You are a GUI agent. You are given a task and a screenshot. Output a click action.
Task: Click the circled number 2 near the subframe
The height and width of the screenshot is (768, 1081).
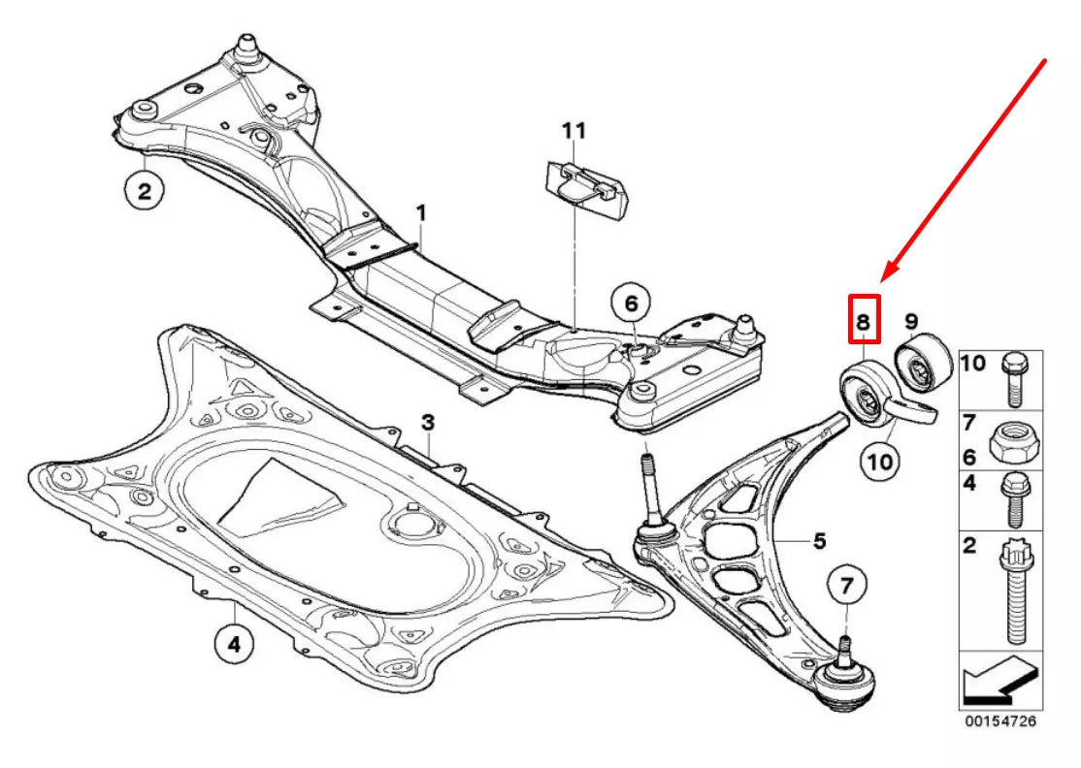(x=144, y=191)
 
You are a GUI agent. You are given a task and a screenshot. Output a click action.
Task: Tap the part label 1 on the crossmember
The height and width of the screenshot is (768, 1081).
(x=421, y=210)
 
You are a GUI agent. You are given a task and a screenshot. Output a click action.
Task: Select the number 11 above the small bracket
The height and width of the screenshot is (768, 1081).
(x=573, y=130)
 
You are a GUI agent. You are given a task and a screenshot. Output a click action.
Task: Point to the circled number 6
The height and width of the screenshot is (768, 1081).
(x=631, y=304)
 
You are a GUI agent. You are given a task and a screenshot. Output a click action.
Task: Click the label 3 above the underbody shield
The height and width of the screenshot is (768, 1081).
(x=427, y=423)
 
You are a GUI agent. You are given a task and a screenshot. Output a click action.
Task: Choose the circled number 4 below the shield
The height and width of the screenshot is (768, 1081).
(x=235, y=642)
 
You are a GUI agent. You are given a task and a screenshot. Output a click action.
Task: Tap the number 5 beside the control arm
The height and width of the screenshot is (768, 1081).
(x=819, y=540)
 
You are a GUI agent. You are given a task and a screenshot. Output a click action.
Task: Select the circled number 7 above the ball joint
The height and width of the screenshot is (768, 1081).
(x=845, y=585)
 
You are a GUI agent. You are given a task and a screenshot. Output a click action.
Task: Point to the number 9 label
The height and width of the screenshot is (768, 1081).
(x=911, y=320)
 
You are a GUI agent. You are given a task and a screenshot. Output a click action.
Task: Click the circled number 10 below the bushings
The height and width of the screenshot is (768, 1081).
(x=880, y=461)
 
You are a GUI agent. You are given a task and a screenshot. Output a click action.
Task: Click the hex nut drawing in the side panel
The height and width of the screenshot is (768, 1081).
(x=1013, y=443)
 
